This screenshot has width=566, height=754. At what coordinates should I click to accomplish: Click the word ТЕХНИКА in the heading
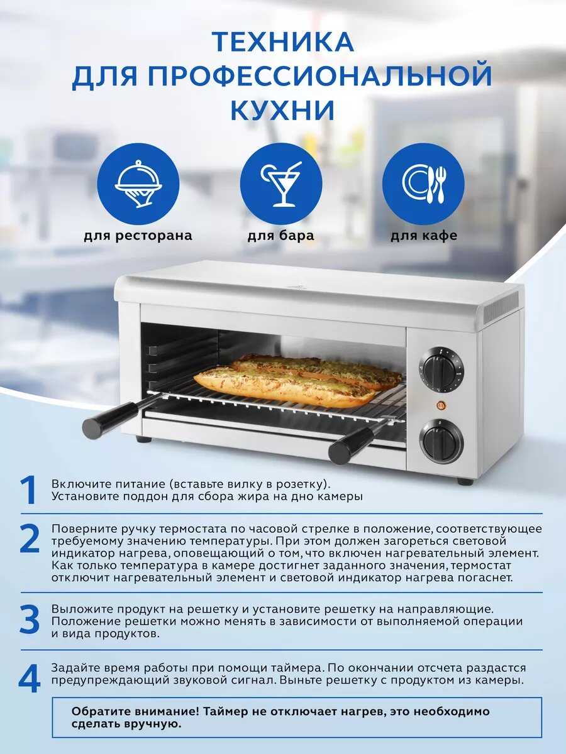(282, 42)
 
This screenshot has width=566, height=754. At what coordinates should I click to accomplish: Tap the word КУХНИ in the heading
(282, 110)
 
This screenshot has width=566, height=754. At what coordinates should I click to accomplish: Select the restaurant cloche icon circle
(138, 184)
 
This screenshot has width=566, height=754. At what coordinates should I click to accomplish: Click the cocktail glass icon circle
(280, 184)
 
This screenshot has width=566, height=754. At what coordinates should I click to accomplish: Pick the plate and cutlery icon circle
(423, 184)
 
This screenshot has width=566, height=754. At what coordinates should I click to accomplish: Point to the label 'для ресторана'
(138, 236)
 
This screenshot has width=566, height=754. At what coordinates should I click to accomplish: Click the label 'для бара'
(280, 236)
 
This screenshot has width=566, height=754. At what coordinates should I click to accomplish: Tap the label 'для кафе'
(424, 236)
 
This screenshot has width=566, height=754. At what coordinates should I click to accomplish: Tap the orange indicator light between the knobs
(441, 406)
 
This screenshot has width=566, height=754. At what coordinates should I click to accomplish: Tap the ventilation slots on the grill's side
(501, 307)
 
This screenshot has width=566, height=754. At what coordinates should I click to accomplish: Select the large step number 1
(29, 490)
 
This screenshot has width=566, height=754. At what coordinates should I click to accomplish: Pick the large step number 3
(30, 620)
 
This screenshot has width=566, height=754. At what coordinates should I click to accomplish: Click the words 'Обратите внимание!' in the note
(135, 711)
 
